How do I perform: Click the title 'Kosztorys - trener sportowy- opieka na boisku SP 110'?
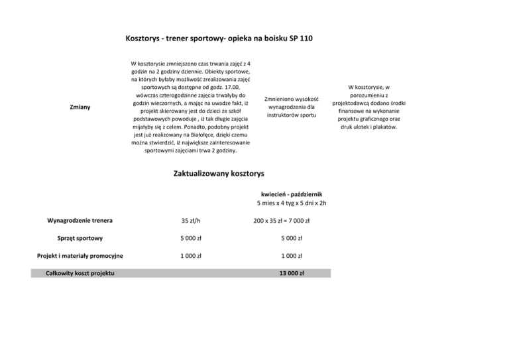tap(219, 38)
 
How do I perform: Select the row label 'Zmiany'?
tap(80, 107)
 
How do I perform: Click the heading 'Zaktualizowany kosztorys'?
tap(218, 174)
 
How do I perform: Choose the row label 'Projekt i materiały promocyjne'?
tap(80, 256)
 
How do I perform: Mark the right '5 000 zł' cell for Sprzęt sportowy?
tap(291, 239)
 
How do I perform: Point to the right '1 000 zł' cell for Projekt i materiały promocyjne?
tap(291, 256)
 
